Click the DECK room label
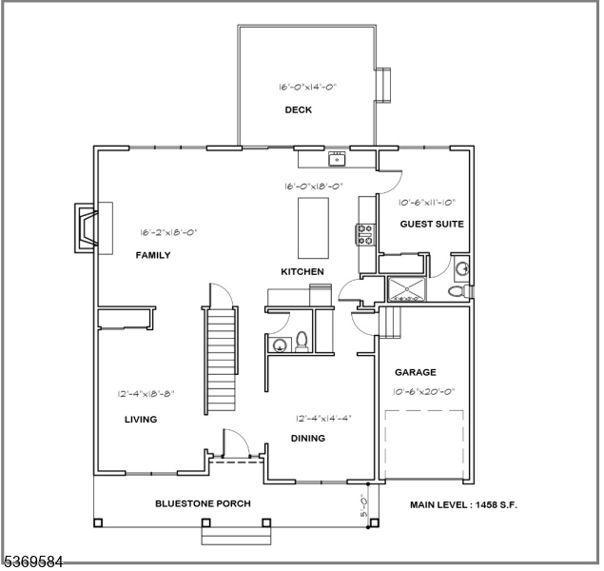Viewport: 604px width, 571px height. click(x=299, y=109)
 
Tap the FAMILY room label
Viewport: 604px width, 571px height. click(x=153, y=254)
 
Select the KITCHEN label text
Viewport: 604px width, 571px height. click(x=302, y=271)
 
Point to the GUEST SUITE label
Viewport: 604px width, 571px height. click(x=431, y=224)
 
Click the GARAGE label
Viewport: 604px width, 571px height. click(x=416, y=372)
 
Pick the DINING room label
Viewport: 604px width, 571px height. click(x=308, y=438)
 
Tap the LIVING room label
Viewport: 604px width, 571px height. click(x=141, y=419)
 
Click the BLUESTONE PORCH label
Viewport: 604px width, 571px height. click(x=203, y=503)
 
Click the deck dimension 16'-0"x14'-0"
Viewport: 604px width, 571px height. click(x=307, y=87)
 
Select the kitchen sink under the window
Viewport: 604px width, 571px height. click(x=335, y=158)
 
